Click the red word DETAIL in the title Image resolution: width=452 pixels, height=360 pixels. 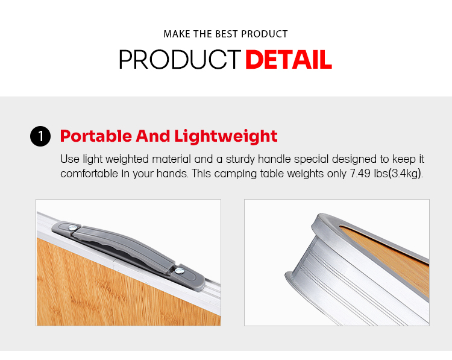click(x=289, y=60)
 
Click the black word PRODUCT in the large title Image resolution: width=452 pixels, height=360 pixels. click(x=180, y=60)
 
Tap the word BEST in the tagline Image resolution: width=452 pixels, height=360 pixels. click(x=227, y=34)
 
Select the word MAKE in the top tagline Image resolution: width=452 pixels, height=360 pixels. click(x=177, y=34)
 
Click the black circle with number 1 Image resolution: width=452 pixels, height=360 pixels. click(x=40, y=136)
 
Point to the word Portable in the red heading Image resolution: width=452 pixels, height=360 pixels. click(x=96, y=136)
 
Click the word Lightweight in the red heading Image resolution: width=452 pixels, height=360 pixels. click(x=226, y=136)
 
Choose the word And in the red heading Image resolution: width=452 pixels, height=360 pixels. click(x=153, y=136)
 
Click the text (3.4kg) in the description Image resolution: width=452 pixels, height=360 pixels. click(x=406, y=174)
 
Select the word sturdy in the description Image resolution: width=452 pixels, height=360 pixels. click(x=240, y=159)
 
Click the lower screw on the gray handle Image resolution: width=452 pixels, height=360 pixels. click(x=180, y=271)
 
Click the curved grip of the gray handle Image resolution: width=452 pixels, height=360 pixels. click(x=124, y=246)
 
